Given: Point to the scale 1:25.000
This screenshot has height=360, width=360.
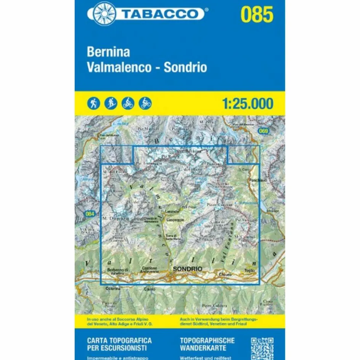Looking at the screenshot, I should tap(247, 103).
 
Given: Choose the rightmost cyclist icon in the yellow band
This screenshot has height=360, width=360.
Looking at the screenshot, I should tap(145, 103).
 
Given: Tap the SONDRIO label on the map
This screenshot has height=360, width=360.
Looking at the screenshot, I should tap(187, 269).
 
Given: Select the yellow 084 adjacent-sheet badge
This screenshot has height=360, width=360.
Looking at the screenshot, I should tap(90, 214).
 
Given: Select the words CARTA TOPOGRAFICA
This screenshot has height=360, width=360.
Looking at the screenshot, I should tap(119, 340).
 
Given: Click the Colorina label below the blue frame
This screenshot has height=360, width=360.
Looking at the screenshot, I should tap(113, 288).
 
